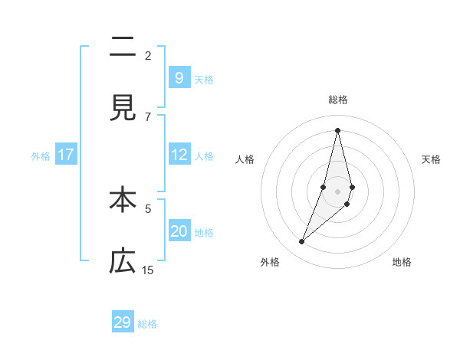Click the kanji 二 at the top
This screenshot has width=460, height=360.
point(123,47)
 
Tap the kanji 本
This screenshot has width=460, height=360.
point(123,200)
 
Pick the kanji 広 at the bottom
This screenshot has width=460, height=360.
point(123,262)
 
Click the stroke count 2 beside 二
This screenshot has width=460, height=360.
point(148,55)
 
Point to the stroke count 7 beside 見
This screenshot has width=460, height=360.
point(148,116)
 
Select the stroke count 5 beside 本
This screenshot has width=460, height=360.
point(148,208)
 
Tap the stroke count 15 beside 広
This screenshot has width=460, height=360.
point(148,270)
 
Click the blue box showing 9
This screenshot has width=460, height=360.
point(179,77)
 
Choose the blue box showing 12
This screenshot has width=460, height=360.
point(179,155)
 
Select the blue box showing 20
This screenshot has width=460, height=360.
point(179,231)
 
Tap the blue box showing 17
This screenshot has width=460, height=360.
point(66,155)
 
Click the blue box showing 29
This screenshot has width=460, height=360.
point(123,322)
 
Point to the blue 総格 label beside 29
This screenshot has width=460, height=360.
point(148,324)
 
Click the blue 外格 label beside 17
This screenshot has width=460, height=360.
point(41,156)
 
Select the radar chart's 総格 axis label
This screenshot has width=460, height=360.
point(337,100)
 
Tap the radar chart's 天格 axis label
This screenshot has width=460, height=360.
point(431,159)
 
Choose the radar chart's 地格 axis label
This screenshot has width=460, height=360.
point(402,262)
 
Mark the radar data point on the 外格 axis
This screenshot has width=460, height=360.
point(301,242)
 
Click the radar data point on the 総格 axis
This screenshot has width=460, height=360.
point(337,130)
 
